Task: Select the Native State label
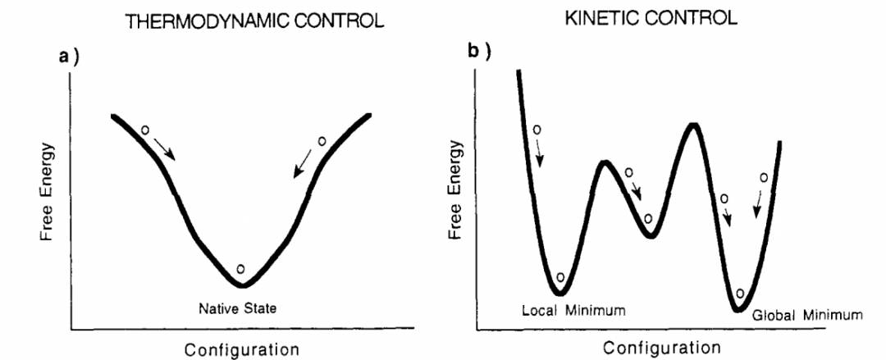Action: (x=239, y=309)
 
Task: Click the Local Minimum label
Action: (x=573, y=311)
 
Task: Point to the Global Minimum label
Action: (x=807, y=315)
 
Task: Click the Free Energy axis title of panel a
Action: (x=48, y=192)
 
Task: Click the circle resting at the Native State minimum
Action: (x=240, y=269)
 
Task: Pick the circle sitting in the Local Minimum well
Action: (x=561, y=278)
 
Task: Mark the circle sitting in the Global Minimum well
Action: (x=740, y=293)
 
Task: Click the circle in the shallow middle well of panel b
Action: (x=648, y=218)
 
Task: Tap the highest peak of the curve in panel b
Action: (x=694, y=125)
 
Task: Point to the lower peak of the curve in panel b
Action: (x=605, y=162)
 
